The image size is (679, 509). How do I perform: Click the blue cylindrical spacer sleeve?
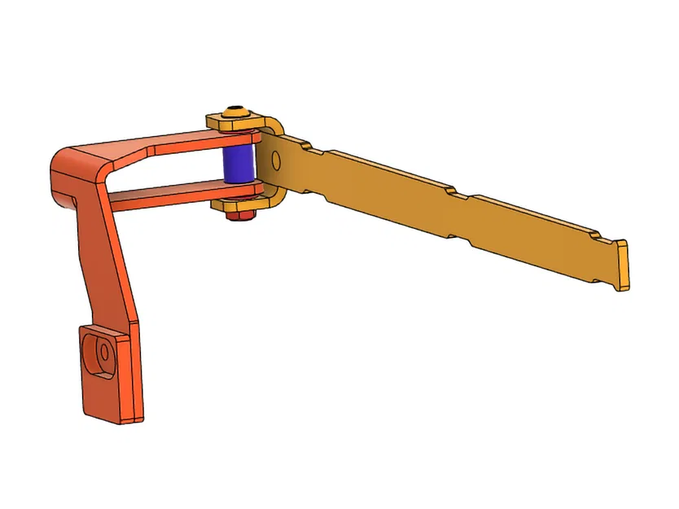click(239, 164)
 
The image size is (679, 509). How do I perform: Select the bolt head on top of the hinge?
click(236, 113)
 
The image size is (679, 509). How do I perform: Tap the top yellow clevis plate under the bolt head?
click(236, 124)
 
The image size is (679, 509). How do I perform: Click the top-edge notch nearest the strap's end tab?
click(599, 237)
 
